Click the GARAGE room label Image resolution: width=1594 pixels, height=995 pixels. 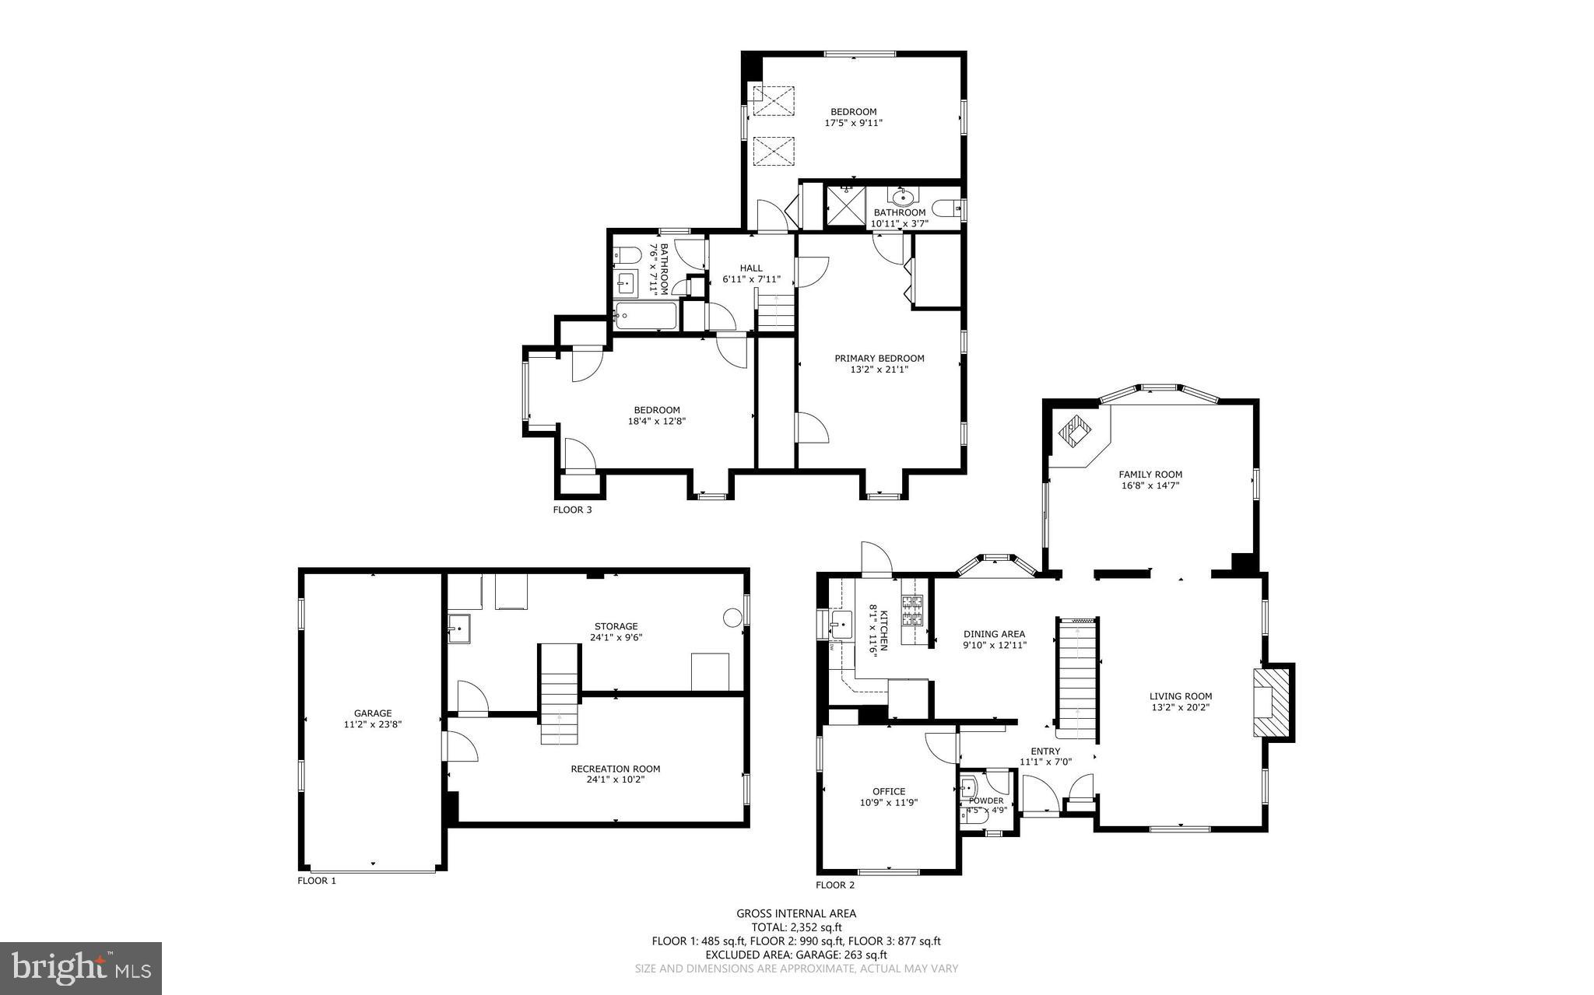[373, 713]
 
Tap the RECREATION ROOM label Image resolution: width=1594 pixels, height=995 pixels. [615, 769]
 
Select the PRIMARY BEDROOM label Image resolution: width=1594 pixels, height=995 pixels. [880, 359]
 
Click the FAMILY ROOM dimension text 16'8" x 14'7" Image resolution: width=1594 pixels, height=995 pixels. [1150, 485]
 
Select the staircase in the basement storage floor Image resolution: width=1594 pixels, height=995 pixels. [560, 695]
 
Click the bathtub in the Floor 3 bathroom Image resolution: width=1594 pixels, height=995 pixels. [644, 316]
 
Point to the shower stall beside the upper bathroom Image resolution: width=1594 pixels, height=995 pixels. [845, 207]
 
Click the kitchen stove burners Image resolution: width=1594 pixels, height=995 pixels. [912, 611]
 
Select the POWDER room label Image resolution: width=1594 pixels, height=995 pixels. [986, 801]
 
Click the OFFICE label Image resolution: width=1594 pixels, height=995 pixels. [888, 791]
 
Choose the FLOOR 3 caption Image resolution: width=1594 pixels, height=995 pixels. [572, 510]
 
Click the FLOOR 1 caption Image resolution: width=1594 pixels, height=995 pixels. [317, 881]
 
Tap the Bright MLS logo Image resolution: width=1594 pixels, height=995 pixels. [81, 968]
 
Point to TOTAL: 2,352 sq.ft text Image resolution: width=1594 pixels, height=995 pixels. [796, 927]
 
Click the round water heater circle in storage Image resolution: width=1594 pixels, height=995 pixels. [732, 618]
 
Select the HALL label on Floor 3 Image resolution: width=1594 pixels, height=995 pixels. [751, 268]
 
